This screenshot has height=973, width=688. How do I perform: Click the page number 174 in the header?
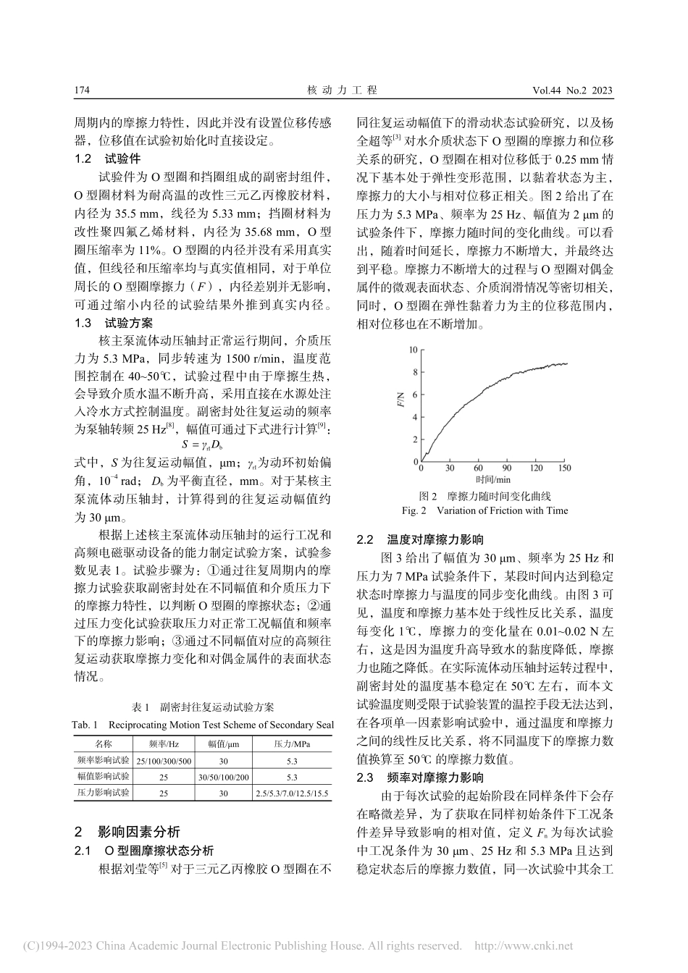(81, 90)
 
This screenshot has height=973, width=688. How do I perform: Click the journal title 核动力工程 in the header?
(343, 90)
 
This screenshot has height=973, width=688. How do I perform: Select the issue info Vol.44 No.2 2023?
(572, 90)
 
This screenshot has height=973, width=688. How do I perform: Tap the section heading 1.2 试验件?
(109, 159)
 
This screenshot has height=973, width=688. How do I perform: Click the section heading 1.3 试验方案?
(114, 323)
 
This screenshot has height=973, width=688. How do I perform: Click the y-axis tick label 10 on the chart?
(414, 350)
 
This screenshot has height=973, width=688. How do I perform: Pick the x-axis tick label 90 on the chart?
(507, 468)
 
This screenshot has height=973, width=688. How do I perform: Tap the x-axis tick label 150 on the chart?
(564, 468)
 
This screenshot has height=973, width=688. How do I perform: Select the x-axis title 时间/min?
(493, 479)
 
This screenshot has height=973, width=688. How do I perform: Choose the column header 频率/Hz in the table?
(164, 744)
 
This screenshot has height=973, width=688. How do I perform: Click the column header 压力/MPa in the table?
(292, 744)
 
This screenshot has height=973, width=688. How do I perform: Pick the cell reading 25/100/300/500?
(164, 761)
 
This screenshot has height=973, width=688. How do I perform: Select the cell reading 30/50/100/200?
(224, 777)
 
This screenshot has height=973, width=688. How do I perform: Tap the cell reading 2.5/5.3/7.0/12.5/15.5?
(292, 793)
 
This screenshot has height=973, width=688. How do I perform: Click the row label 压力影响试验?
(104, 793)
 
